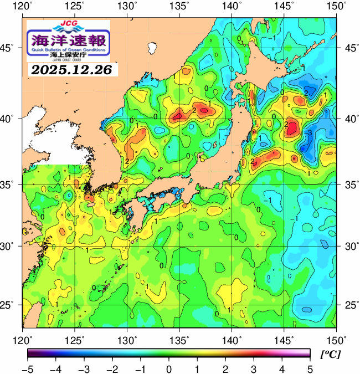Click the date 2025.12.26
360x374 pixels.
[x=71, y=70]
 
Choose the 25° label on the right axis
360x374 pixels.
[x=349, y=305]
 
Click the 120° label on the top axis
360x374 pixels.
[x=23, y=7]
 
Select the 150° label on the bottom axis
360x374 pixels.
[x=336, y=339]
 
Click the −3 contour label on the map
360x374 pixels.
[x=308, y=132]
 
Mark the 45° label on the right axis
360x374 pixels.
[x=349, y=48]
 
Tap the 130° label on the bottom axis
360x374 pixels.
[x=128, y=339]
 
